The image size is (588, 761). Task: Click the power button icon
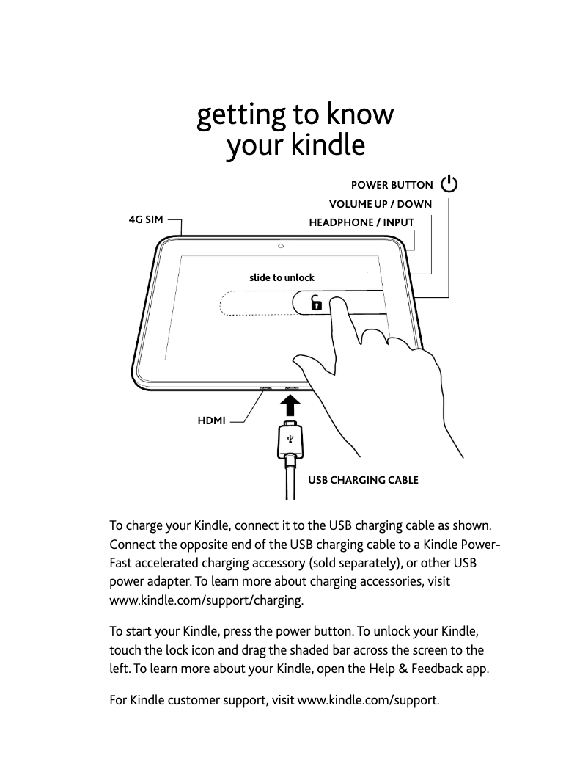449,185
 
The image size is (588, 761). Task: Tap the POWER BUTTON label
392,186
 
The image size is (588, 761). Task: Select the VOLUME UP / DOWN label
380,204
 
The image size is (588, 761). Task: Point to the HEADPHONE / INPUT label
361,222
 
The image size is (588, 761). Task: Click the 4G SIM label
146,219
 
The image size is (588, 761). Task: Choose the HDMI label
212,420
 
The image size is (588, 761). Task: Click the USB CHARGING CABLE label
363,480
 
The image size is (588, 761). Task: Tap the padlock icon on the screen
316,302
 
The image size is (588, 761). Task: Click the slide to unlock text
282,277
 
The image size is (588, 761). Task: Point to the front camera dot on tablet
281,245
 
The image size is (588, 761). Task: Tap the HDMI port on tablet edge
265,388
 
